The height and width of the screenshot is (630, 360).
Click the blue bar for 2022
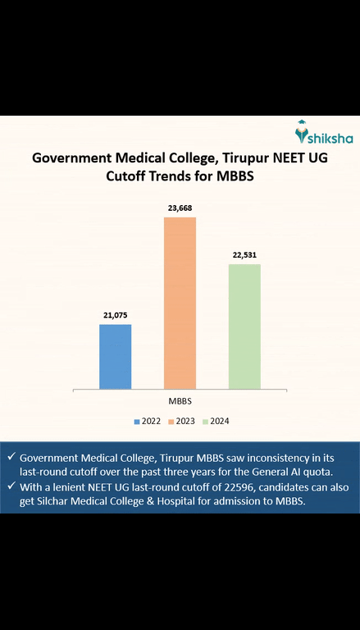(115, 356)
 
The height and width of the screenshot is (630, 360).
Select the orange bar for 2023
(180, 303)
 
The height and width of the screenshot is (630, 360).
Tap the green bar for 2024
(244, 326)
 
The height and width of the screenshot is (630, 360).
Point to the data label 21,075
(115, 315)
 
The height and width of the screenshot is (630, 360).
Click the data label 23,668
(180, 208)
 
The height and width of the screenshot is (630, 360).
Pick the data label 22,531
(244, 255)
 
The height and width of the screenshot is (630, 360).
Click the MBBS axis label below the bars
(180, 401)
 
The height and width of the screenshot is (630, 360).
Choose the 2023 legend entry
(183, 421)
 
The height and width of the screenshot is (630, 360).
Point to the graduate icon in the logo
(301, 130)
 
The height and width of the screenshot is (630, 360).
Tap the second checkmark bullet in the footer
(10, 486)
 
